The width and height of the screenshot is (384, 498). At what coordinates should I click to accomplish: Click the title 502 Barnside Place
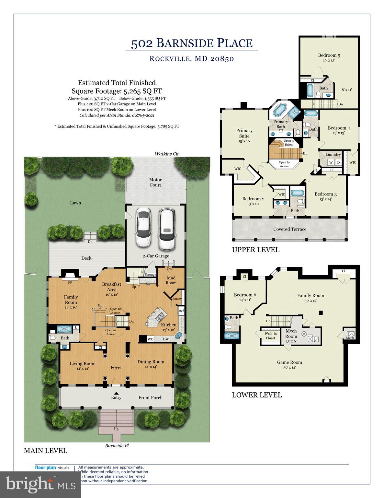click(x=192, y=43)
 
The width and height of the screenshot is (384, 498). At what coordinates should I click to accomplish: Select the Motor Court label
click(x=155, y=182)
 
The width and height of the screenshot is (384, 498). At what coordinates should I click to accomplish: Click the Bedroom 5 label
click(x=329, y=55)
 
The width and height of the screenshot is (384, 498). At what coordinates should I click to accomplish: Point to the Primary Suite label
click(x=244, y=133)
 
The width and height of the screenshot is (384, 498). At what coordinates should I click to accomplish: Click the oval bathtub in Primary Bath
click(x=279, y=110)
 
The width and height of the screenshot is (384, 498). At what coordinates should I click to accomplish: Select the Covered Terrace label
click(x=289, y=229)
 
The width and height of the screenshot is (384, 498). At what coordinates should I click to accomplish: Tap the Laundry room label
click(x=333, y=155)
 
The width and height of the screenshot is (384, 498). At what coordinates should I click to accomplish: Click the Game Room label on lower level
click(x=289, y=362)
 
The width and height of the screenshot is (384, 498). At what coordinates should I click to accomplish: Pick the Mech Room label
click(x=291, y=334)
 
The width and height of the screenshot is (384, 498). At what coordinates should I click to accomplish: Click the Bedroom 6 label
click(x=245, y=295)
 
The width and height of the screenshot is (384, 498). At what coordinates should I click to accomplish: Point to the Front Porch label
click(x=150, y=397)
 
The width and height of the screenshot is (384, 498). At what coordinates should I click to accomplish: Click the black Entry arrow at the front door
click(x=116, y=393)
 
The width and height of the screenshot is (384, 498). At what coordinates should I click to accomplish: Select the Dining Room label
click(x=151, y=362)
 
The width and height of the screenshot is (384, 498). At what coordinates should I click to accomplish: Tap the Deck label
click(x=86, y=258)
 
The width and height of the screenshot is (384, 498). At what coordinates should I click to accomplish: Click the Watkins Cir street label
click(x=167, y=154)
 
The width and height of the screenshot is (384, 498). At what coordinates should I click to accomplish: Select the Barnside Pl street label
click(x=117, y=446)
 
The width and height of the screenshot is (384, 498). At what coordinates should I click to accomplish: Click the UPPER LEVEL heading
click(x=255, y=250)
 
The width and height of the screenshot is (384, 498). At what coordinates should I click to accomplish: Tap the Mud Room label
click(x=171, y=280)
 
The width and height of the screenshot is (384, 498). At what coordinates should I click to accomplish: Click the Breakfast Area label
click(x=111, y=287)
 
